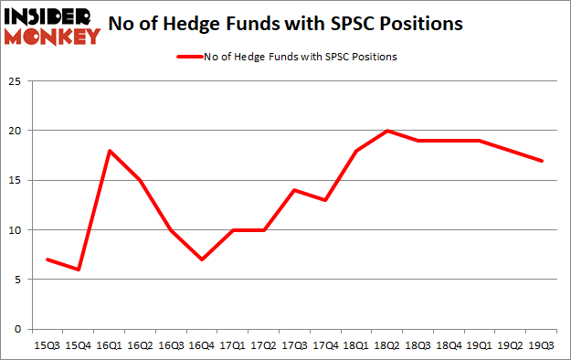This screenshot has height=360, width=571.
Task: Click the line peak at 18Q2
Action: (387, 131)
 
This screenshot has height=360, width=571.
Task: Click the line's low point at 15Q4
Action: (79, 270)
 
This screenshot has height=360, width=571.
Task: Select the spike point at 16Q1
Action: (110, 151)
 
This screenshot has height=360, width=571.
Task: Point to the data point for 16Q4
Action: (202, 259)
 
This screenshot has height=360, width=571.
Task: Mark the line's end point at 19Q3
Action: (542, 161)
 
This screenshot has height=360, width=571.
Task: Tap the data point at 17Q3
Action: (295, 190)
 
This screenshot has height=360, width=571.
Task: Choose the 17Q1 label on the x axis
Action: (233, 347)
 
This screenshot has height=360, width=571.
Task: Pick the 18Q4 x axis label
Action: (449, 347)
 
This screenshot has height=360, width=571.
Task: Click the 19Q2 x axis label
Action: (511, 347)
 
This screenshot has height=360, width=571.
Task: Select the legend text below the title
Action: (301, 58)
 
